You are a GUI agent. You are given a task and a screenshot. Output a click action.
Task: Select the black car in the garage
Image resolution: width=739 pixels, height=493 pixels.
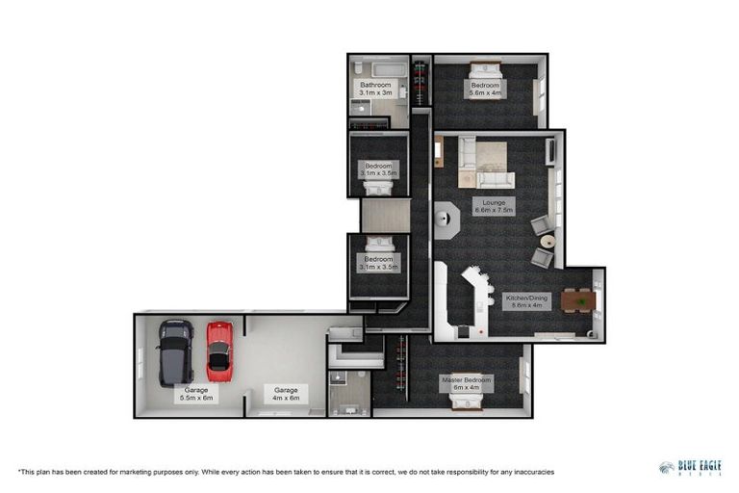click(176, 351)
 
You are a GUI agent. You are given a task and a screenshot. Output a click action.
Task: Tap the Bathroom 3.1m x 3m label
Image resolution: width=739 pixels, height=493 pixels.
click(375, 89)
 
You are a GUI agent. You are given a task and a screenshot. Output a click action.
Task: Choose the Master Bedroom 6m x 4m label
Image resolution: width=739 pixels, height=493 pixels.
click(467, 383)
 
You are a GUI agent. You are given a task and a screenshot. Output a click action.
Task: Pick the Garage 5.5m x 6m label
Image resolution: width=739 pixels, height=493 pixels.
click(194, 393)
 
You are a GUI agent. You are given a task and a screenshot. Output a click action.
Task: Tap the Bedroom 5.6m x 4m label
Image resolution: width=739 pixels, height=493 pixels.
click(485, 89)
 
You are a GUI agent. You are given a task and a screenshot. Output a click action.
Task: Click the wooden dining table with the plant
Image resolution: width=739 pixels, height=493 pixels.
click(577, 301)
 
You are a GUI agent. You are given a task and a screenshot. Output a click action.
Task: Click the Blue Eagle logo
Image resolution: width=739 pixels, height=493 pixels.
click(691, 468)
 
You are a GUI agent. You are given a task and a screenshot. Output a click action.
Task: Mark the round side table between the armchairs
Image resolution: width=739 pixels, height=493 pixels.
click(547, 241)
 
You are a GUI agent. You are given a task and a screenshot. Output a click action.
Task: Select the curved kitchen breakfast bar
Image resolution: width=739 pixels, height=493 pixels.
click(473, 289)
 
